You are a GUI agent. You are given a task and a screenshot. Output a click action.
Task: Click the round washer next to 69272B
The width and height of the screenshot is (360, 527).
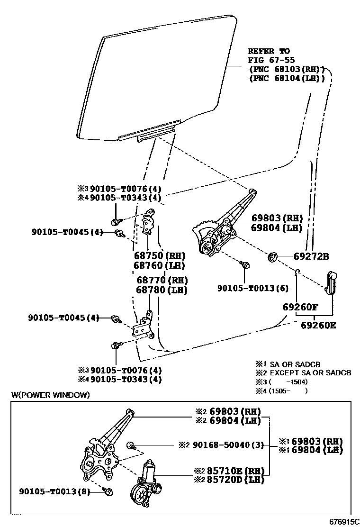tap(273, 257)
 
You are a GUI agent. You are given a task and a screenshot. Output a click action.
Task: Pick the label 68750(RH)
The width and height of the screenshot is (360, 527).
tap(160, 256)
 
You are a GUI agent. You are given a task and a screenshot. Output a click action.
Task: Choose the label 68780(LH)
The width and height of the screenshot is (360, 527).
tap(162, 290)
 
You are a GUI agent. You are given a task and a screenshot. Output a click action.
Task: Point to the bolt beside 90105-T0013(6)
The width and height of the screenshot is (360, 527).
tap(245, 265)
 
